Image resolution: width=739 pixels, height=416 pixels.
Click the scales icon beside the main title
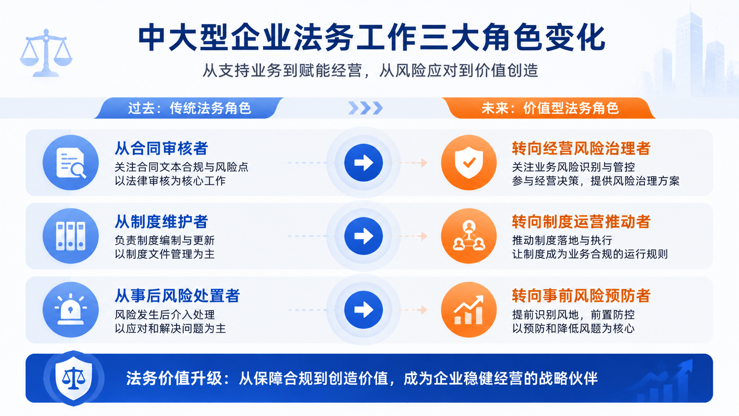click(46, 53)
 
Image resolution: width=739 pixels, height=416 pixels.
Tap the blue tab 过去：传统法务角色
click(189, 108)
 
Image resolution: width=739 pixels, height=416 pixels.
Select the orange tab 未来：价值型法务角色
click(549, 108)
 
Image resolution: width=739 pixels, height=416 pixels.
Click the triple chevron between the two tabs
click(366, 108)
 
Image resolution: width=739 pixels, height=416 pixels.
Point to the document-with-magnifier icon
click(71, 162)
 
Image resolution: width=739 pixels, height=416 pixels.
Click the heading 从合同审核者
click(161, 148)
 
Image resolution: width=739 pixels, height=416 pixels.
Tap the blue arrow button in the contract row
click(364, 163)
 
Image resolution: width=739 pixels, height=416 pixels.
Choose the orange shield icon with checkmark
click(469, 162)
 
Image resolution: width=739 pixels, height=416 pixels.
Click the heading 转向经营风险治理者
click(581, 148)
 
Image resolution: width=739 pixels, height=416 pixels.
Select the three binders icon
click(71, 236)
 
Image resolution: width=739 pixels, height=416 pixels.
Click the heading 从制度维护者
click(161, 221)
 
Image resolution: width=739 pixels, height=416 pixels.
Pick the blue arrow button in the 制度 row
click(364, 236)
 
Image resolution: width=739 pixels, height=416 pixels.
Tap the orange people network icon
click(469, 236)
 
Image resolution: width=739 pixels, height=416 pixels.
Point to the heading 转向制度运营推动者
click(581, 221)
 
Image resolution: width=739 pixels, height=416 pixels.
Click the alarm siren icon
click(71, 309)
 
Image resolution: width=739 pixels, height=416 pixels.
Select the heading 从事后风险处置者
click(177, 296)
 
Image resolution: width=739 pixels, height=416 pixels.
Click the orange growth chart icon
click(469, 309)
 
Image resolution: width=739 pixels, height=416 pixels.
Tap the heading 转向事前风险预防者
click(581, 296)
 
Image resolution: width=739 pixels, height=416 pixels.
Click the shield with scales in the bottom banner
click(73, 378)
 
